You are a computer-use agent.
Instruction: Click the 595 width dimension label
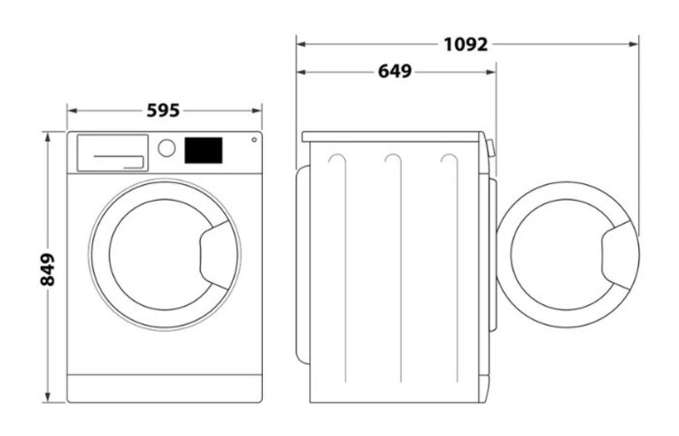coord(163,111)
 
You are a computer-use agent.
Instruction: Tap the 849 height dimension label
coord(48,270)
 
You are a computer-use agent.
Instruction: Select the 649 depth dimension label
coord(395,72)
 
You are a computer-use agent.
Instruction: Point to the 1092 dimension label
coord(466,44)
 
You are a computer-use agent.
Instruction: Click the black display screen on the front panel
coord(204,150)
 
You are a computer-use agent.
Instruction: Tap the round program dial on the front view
coord(166,148)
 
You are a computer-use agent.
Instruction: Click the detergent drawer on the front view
coord(112,153)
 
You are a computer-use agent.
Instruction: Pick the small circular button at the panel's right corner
coord(254,140)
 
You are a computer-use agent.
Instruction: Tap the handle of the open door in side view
coord(616,256)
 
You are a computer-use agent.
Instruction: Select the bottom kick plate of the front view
coord(165,388)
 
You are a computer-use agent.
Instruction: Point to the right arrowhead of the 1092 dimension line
coord(633,44)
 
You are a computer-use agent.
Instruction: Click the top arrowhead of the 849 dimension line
coord(48,137)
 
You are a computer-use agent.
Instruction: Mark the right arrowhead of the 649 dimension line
coord(490,72)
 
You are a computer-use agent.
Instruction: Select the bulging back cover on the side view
coord(303,264)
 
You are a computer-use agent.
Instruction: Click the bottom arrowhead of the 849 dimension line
coord(48,397)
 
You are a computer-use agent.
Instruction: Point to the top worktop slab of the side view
coord(392,137)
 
